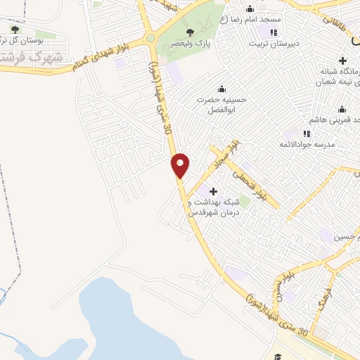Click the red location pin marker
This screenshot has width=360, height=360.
coord(181,165)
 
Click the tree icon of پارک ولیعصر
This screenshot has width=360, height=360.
coord(190,32)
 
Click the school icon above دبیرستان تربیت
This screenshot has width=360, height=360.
coord(274,32)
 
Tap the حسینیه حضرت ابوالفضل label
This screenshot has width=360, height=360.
coord(223,105)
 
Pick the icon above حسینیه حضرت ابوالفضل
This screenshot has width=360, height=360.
coord(222,89)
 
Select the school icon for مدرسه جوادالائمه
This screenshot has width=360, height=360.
coord(307,133)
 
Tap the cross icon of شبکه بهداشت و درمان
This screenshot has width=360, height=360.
coord(214,191)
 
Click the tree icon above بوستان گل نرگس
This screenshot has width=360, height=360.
coord(15,30)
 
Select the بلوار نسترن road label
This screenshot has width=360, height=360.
coord(281,288)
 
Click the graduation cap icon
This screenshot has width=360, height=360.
coord(278,356)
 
